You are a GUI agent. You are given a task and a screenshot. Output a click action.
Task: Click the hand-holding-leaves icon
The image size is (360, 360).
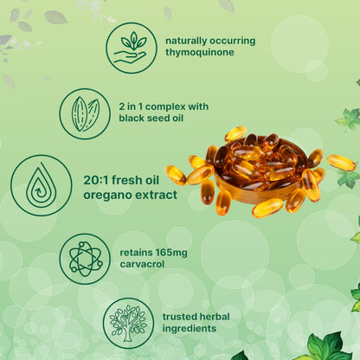[131, 48]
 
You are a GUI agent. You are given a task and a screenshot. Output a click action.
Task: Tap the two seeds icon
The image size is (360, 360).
[85, 114]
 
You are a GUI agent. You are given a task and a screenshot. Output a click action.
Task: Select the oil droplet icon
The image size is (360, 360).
[41, 185]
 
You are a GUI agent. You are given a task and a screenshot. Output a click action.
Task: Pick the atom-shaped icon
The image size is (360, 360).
[85, 258]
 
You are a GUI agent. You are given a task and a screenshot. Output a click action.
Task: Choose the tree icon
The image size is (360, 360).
[128, 323]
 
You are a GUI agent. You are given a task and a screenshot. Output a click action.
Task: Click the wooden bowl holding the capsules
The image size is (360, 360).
[251, 186]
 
